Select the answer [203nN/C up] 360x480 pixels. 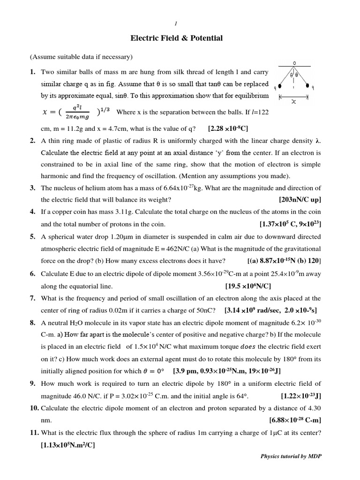[300, 199]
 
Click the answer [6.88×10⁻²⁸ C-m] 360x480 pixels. [295, 420]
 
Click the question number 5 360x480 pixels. [33, 236]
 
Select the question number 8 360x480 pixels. [33, 322]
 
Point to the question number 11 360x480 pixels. [35, 433]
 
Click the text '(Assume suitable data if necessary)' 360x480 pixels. [82, 57]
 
